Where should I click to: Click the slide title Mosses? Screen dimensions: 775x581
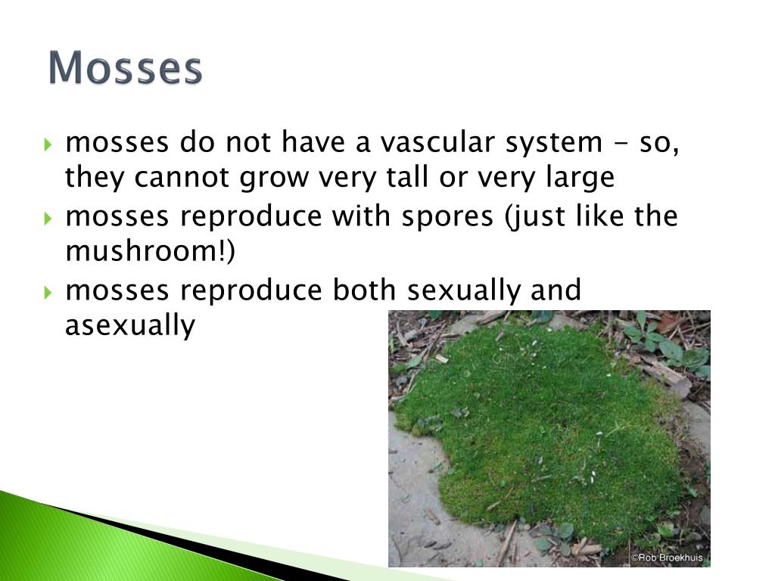pyautogui.click(x=126, y=67)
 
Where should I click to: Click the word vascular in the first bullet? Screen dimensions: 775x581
pyautogui.click(x=437, y=141)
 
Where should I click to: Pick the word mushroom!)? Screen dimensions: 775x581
pyautogui.click(x=151, y=251)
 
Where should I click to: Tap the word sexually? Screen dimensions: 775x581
pyautogui.click(x=464, y=291)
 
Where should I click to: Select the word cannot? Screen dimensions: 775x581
pyautogui.click(x=182, y=177)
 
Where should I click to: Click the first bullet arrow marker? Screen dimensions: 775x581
pyautogui.click(x=48, y=144)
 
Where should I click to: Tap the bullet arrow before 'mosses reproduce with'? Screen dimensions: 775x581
pyautogui.click(x=48, y=218)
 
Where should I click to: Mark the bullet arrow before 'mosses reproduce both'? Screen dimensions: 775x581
pyautogui.click(x=48, y=293)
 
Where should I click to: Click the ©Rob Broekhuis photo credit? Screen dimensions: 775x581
pyautogui.click(x=667, y=558)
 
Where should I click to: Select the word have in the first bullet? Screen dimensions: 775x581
pyautogui.click(x=313, y=141)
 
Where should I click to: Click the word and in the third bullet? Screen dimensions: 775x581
pyautogui.click(x=556, y=290)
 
